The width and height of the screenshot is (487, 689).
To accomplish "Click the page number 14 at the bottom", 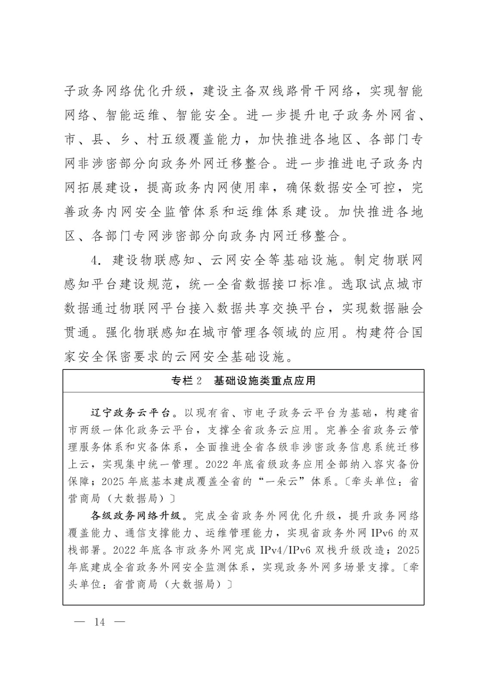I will pos(99,622).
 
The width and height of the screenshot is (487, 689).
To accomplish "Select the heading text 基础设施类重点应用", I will pos(265,381).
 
